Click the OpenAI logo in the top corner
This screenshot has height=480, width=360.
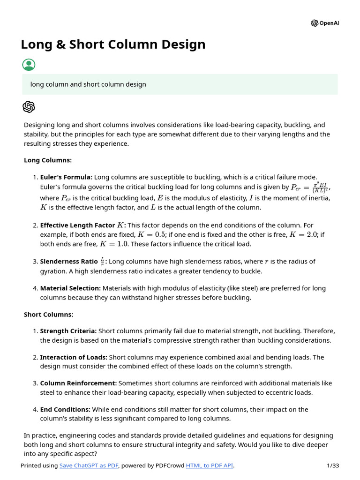(x=324, y=23)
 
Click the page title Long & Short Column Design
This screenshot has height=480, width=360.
(x=113, y=45)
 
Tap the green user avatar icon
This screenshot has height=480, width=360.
(x=29, y=65)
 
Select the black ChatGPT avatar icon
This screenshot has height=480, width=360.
(x=29, y=107)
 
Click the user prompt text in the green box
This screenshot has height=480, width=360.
(x=88, y=84)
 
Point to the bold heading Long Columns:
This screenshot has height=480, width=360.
(x=48, y=160)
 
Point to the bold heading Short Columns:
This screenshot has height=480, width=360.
(x=49, y=315)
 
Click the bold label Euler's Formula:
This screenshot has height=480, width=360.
(x=66, y=177)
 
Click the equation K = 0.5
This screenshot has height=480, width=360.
(x=152, y=234)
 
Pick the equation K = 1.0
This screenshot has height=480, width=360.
(x=114, y=244)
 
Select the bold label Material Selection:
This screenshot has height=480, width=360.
(x=70, y=288)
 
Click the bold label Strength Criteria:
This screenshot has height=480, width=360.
(x=68, y=331)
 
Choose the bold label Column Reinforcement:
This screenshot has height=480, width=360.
(x=78, y=383)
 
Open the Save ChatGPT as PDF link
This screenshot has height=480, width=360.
(x=89, y=465)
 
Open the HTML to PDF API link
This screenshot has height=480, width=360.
(x=210, y=465)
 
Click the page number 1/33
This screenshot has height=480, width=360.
(x=332, y=465)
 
